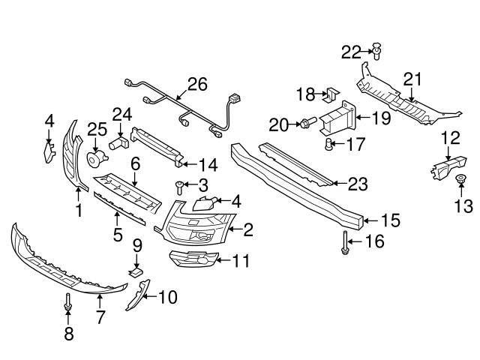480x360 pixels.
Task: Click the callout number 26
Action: coord(196,85)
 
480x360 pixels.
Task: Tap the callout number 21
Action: coord(412,79)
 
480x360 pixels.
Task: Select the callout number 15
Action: coord(391,220)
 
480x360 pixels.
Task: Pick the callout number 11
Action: coord(240,262)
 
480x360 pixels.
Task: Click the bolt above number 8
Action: coord(68,303)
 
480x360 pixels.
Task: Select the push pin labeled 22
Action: coord(377,52)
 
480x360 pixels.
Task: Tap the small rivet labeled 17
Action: coord(328,144)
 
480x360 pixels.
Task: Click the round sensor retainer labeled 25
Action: coord(95,158)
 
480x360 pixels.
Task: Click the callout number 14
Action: coord(208,163)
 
